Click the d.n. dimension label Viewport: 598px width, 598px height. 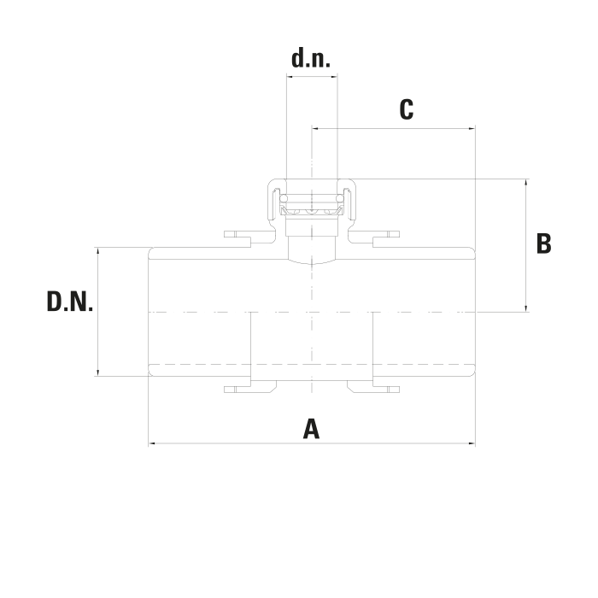click(x=311, y=59)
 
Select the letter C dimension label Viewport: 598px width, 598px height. click(x=407, y=109)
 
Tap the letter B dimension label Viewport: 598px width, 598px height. click(x=543, y=243)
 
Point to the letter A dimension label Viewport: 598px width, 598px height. click(x=311, y=429)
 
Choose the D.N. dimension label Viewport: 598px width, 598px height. click(x=70, y=302)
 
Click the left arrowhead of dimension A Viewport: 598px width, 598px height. click(x=151, y=443)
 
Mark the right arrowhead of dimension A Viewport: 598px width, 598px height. click(x=472, y=443)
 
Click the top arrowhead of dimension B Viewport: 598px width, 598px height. click(x=526, y=182)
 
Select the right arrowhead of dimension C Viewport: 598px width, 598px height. click(x=472, y=128)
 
